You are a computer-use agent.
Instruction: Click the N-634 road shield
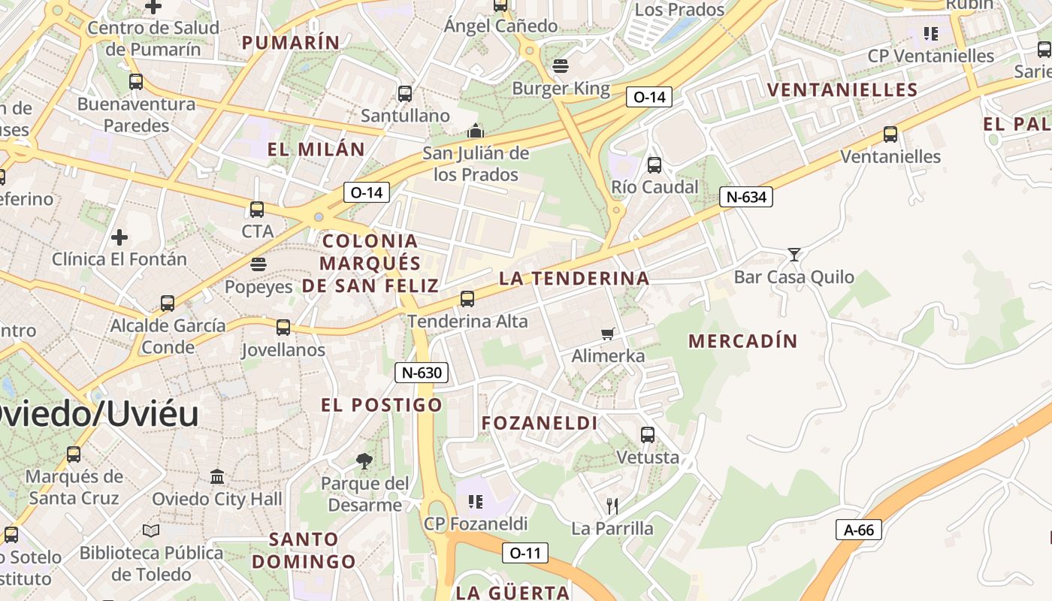745,197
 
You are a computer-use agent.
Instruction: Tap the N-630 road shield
421,372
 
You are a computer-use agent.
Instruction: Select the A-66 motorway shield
859,530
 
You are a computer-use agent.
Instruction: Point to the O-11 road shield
524,554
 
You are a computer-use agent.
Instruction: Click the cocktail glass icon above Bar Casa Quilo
794,255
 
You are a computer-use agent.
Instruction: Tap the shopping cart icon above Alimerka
608,334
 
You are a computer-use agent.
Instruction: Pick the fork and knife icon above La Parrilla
612,506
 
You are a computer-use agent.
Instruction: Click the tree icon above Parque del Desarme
365,461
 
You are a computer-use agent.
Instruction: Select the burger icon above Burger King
561,66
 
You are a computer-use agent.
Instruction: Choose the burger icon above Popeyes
258,264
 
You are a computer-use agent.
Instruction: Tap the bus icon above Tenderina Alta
467,299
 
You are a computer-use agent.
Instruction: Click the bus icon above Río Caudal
654,165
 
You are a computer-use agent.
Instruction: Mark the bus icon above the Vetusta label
647,434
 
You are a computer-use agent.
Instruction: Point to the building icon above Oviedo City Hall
217,476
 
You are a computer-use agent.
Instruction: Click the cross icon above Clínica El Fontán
119,237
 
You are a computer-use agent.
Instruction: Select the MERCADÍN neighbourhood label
742,341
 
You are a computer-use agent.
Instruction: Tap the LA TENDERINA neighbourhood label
574,278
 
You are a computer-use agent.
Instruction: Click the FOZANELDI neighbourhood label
540,423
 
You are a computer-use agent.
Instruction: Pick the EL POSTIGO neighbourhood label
381,405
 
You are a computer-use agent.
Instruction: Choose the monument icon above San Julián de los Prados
475,131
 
